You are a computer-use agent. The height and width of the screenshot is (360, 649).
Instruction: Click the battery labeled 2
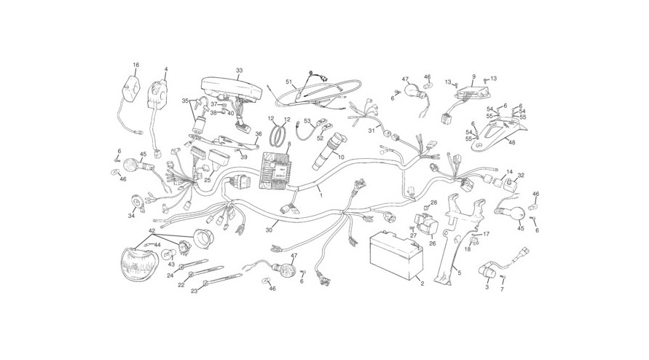[x=396, y=256]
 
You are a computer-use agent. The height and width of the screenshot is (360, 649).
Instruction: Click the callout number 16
[x=136, y=65]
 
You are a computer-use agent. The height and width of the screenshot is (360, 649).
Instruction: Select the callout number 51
[x=289, y=82]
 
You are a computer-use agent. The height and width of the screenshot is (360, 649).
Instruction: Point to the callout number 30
[x=270, y=230]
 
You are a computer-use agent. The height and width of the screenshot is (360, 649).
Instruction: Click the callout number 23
[x=194, y=291]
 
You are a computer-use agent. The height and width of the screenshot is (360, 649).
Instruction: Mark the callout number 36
[x=259, y=134]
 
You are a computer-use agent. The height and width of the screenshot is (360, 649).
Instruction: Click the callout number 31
[x=371, y=130]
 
